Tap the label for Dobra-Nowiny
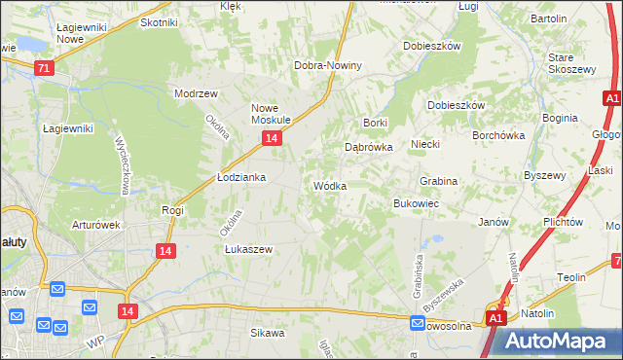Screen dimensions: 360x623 [x=328, y=66]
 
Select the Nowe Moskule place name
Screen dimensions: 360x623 [x=272, y=114]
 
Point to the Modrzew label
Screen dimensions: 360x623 [x=194, y=94]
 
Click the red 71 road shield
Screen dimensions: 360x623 [x=43, y=68]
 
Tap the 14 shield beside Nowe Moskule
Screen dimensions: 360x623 [x=272, y=139]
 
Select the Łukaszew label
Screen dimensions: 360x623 [x=248, y=249]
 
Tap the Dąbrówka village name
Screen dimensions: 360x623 [x=368, y=147]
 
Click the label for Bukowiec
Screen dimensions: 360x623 [x=416, y=204]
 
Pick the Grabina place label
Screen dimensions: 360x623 [x=438, y=181]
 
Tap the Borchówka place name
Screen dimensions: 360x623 [x=498, y=136]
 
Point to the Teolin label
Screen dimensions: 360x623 [x=571, y=277]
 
